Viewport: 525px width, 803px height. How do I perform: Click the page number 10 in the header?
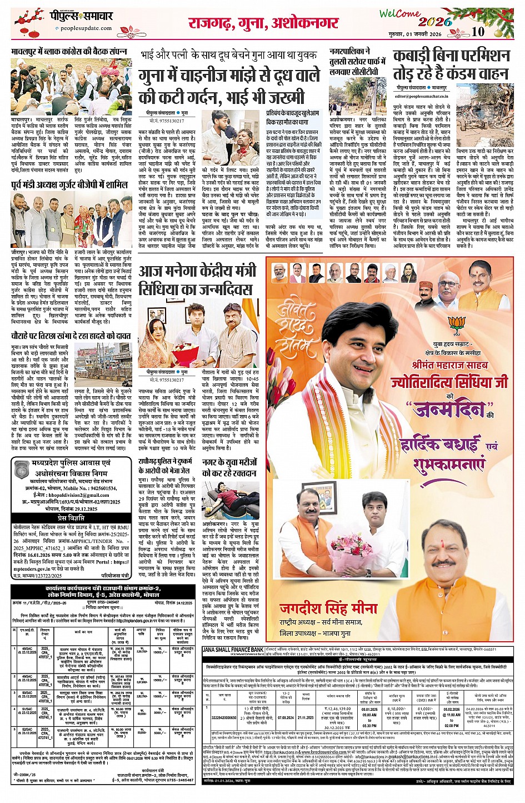478,32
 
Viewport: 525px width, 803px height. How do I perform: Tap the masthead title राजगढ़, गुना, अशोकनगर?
263,23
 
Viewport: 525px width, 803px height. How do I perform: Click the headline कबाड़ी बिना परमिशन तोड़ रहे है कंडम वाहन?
451,64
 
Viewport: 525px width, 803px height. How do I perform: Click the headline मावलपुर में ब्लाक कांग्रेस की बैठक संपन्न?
69,51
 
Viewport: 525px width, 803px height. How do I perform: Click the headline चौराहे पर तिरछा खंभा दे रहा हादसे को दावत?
71,336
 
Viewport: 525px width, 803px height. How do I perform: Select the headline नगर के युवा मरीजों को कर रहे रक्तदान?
229,467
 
